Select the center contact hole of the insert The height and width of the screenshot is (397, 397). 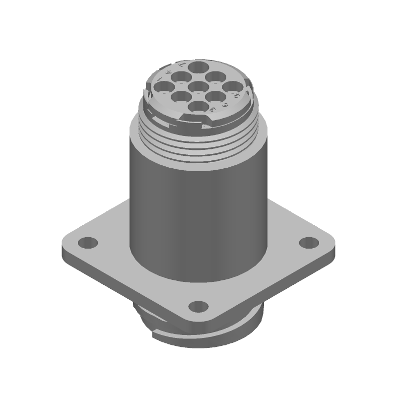click(198, 87)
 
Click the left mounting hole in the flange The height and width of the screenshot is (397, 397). click(88, 243)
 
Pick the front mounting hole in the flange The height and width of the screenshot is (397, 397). click(198, 306)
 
